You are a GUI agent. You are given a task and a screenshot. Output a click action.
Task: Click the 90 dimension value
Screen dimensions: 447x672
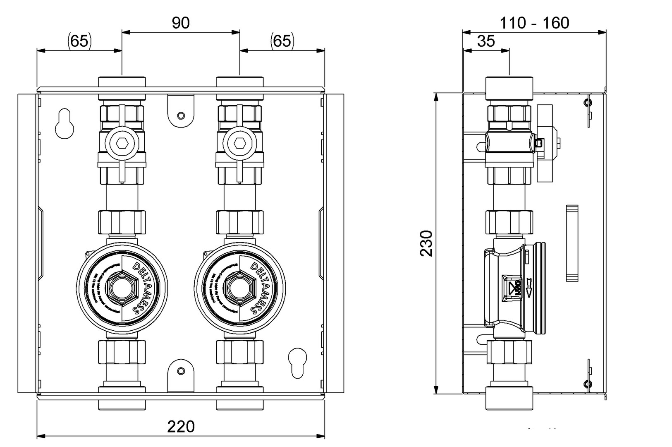click(181, 23)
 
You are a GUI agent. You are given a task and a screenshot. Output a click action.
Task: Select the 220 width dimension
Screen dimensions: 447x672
click(181, 426)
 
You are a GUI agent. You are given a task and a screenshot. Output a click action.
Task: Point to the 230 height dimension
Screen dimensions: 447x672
click(426, 243)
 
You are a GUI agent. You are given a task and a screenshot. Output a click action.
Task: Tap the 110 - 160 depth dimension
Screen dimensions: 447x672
click(534, 23)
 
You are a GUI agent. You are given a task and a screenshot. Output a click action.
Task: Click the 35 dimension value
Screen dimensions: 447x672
click(486, 41)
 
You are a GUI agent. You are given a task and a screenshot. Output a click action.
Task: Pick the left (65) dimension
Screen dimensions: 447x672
click(79, 41)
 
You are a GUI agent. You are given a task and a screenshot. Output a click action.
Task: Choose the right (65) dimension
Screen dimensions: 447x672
click(282, 41)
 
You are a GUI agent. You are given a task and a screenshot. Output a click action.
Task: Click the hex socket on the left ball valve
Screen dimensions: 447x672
click(122, 143)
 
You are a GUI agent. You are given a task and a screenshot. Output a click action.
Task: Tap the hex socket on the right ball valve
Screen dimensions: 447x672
click(239, 143)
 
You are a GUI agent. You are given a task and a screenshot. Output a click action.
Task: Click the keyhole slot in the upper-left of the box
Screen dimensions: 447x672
click(65, 123)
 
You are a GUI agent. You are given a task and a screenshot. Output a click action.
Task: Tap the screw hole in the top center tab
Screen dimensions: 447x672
click(181, 115)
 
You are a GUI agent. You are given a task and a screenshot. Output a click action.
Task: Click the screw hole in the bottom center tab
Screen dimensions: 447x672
click(181, 371)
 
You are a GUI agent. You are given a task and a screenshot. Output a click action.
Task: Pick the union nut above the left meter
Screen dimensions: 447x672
click(122, 222)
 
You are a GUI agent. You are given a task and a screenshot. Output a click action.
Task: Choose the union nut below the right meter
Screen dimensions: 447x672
click(239, 352)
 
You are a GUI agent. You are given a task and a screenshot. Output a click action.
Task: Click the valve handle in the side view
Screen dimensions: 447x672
click(545, 143)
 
